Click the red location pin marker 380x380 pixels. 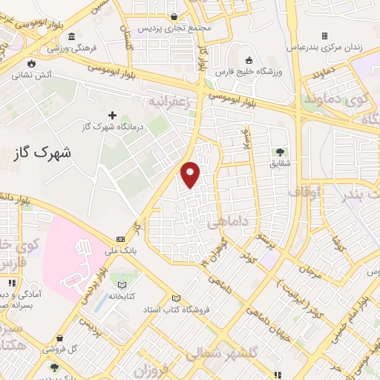coord(191,174)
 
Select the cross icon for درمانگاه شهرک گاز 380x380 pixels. coord(112,115)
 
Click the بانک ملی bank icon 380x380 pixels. coord(120,239)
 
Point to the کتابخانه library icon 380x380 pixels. coord(122,284)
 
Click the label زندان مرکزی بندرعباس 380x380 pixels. coord(325,47)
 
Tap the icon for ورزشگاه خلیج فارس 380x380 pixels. coord(249,60)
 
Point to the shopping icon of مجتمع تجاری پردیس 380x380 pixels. coord(174,16)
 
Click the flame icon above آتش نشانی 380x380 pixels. coord(30,63)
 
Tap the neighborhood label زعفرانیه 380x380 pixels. coord(176,99)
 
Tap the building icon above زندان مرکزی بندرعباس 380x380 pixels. coord(325,36)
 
